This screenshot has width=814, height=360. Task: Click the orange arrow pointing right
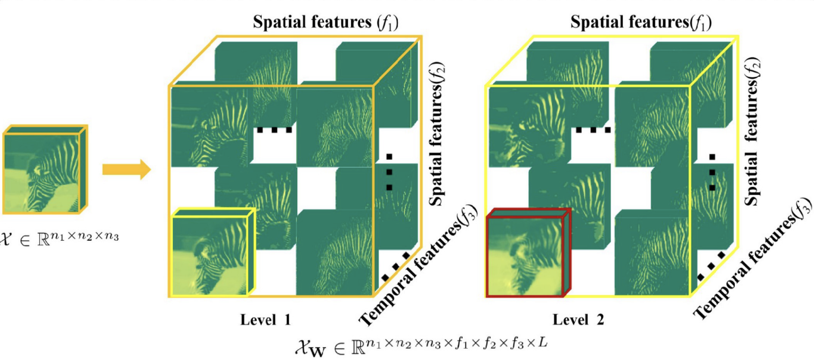(126, 169)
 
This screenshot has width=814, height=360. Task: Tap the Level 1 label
(265, 320)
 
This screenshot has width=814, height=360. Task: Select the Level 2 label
(578, 320)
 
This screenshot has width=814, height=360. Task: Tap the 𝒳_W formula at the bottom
(421, 346)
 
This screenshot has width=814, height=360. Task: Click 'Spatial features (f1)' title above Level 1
(326, 22)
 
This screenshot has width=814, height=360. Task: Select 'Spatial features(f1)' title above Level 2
(641, 22)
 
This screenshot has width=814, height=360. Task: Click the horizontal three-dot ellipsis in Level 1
(274, 130)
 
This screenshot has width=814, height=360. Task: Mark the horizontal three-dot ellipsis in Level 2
(593, 130)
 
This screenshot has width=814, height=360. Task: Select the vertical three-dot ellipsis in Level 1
(389, 172)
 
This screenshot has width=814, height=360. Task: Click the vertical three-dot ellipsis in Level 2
(712, 172)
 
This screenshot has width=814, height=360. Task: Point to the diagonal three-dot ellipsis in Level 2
(711, 266)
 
